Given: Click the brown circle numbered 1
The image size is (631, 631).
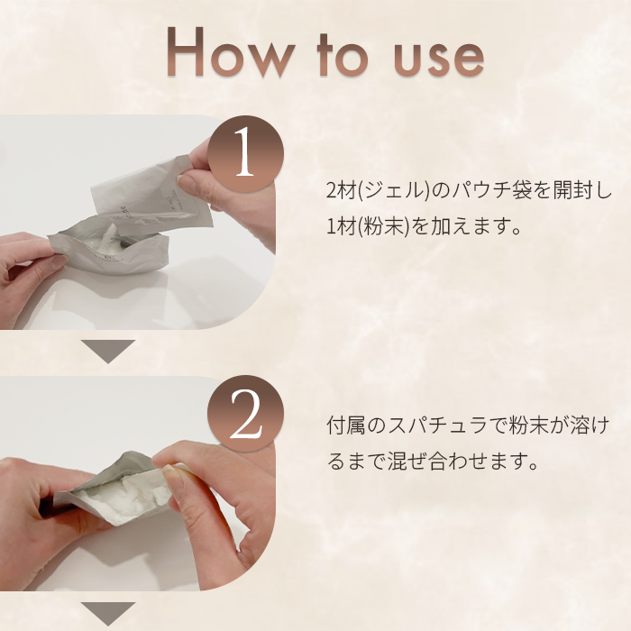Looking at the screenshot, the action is (x=245, y=154).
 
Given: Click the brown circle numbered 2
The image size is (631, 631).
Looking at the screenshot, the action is (x=245, y=414).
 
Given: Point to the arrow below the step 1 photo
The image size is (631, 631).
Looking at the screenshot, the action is (x=108, y=351).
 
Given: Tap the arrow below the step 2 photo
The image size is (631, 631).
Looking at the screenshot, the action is (x=108, y=613).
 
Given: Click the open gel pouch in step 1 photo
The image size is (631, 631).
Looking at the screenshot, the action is (x=109, y=248).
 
